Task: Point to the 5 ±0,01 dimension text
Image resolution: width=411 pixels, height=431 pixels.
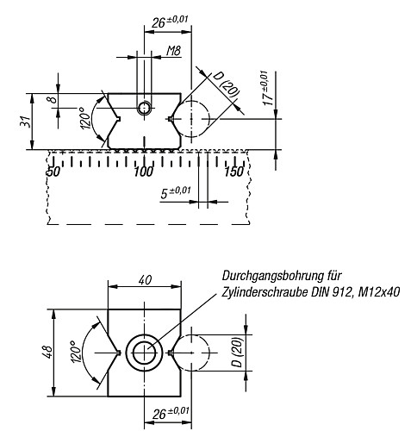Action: [176, 191]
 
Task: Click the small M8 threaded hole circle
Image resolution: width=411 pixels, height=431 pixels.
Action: [144, 107]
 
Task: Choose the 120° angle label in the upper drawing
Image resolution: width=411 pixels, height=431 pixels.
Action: [85, 126]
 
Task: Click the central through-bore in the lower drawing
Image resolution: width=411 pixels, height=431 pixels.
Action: [143, 352]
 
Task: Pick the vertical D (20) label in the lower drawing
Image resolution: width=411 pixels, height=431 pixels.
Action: [236, 352]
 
